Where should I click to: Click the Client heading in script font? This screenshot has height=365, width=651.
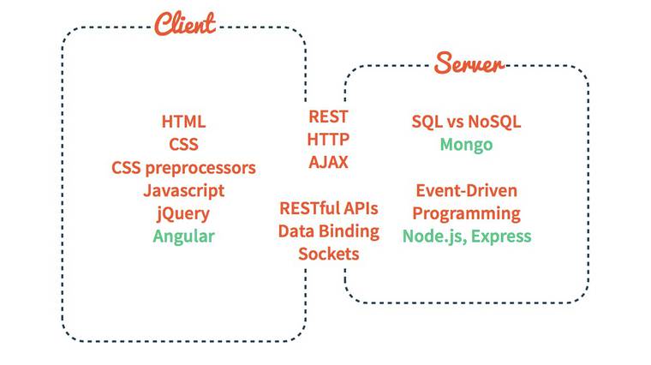184,23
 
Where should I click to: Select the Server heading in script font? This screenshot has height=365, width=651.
469,63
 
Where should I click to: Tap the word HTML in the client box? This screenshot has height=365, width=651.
183,122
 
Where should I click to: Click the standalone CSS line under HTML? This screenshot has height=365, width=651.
183,145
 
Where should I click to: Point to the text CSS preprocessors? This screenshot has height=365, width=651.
183,167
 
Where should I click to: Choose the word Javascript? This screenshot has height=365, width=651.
183,190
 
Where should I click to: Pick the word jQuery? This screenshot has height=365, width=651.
183,213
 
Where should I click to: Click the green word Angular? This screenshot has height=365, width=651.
183,236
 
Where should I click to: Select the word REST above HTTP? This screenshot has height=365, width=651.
328,117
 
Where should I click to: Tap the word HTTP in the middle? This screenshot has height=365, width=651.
328,139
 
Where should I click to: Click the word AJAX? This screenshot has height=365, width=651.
328,162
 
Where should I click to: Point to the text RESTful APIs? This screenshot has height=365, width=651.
328,208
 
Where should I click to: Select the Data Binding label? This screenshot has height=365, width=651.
328,230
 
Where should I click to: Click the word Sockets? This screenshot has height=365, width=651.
328,254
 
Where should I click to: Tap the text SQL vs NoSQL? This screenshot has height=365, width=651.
466,122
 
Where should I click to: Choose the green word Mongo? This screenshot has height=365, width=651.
466,144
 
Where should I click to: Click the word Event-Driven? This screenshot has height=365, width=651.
466,190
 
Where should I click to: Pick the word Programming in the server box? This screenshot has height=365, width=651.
466,212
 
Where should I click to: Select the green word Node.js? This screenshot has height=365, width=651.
433,236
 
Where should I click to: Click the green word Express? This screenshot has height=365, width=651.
501,236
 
